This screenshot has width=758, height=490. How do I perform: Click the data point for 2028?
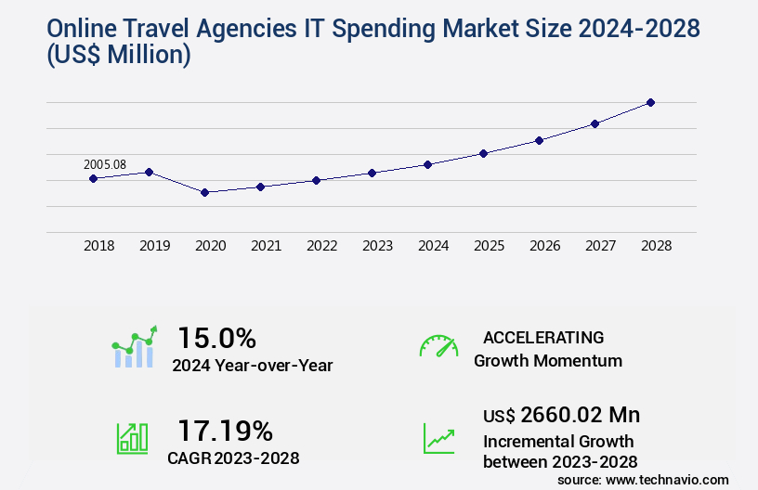click(x=650, y=102)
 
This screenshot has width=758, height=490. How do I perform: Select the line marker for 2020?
click(x=204, y=192)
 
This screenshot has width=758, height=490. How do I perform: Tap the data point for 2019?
click(x=149, y=172)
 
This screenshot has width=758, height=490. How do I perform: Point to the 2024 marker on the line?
click(x=427, y=164)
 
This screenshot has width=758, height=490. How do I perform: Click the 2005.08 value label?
click(x=104, y=164)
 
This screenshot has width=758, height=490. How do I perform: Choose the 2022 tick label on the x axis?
click(x=321, y=246)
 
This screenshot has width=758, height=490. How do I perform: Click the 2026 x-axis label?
click(x=544, y=246)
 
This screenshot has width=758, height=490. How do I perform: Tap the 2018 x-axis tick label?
click(x=98, y=246)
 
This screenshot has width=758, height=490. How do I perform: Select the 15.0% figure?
click(x=216, y=337)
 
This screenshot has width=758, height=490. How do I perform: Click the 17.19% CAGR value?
click(x=225, y=431)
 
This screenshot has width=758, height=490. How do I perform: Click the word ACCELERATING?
click(x=543, y=337)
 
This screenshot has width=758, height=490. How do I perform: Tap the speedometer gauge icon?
click(x=438, y=346)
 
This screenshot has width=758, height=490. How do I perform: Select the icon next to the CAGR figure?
click(x=132, y=438)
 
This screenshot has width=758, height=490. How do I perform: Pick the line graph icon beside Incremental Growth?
click(x=438, y=438)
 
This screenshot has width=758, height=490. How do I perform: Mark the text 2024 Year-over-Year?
click(x=252, y=366)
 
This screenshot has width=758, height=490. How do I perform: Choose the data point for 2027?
click(x=595, y=123)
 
